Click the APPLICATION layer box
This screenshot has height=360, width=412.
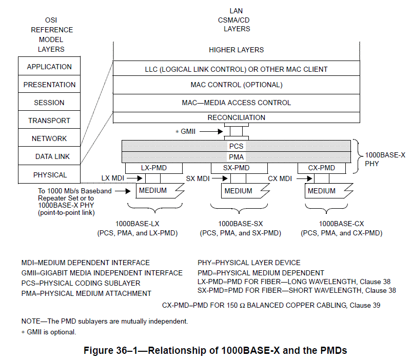coord(49,67)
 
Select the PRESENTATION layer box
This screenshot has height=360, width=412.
coord(49,85)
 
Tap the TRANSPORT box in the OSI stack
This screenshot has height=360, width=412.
coord(49,121)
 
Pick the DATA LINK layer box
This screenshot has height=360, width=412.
coord(49,156)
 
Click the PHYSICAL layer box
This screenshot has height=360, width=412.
coord(49,174)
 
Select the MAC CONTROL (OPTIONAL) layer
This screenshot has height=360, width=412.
coord(236,85)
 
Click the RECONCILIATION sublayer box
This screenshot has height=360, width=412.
coord(236,117)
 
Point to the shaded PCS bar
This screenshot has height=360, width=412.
coord(236,146)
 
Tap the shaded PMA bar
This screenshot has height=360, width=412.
coord(236,157)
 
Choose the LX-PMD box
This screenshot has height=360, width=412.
coord(154,168)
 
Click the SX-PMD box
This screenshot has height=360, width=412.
coord(237,168)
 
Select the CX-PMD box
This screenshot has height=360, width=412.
coord(322,168)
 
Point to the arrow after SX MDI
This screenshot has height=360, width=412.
coord(220,178)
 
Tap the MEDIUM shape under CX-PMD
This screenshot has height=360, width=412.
coord(322,191)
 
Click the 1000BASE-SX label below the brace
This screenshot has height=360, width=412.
coord(240,224)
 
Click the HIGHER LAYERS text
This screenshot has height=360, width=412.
coord(236,50)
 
